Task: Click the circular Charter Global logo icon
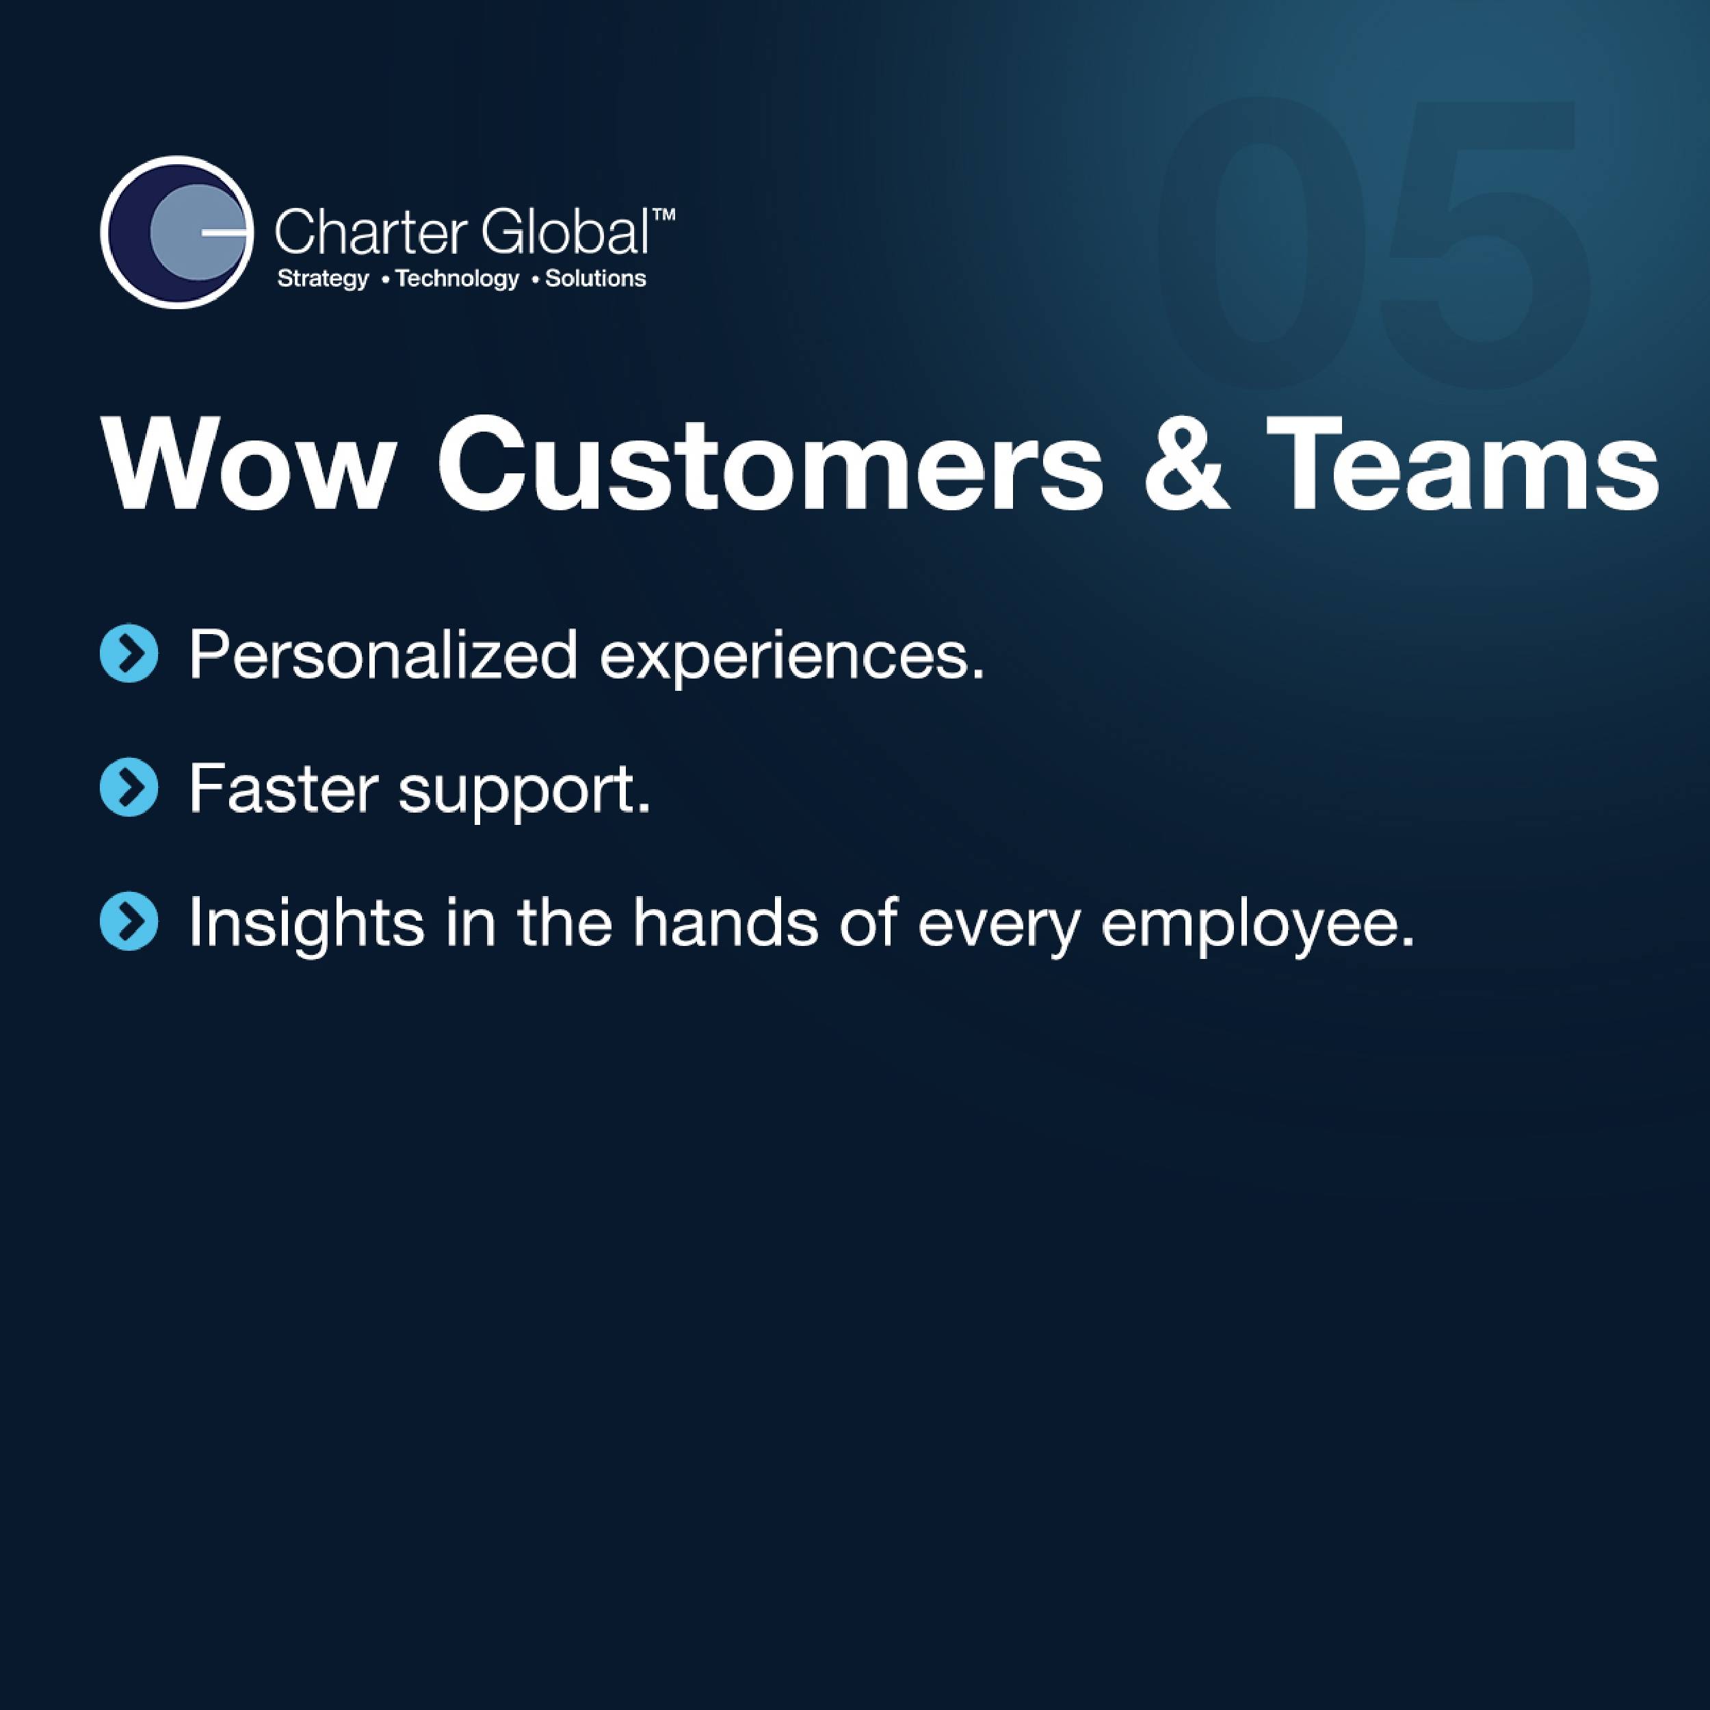tap(177, 232)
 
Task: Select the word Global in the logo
tap(566, 233)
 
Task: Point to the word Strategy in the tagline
tap(323, 279)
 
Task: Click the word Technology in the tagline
tap(458, 279)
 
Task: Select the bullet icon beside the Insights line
tap(129, 921)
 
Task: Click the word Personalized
tap(383, 656)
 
